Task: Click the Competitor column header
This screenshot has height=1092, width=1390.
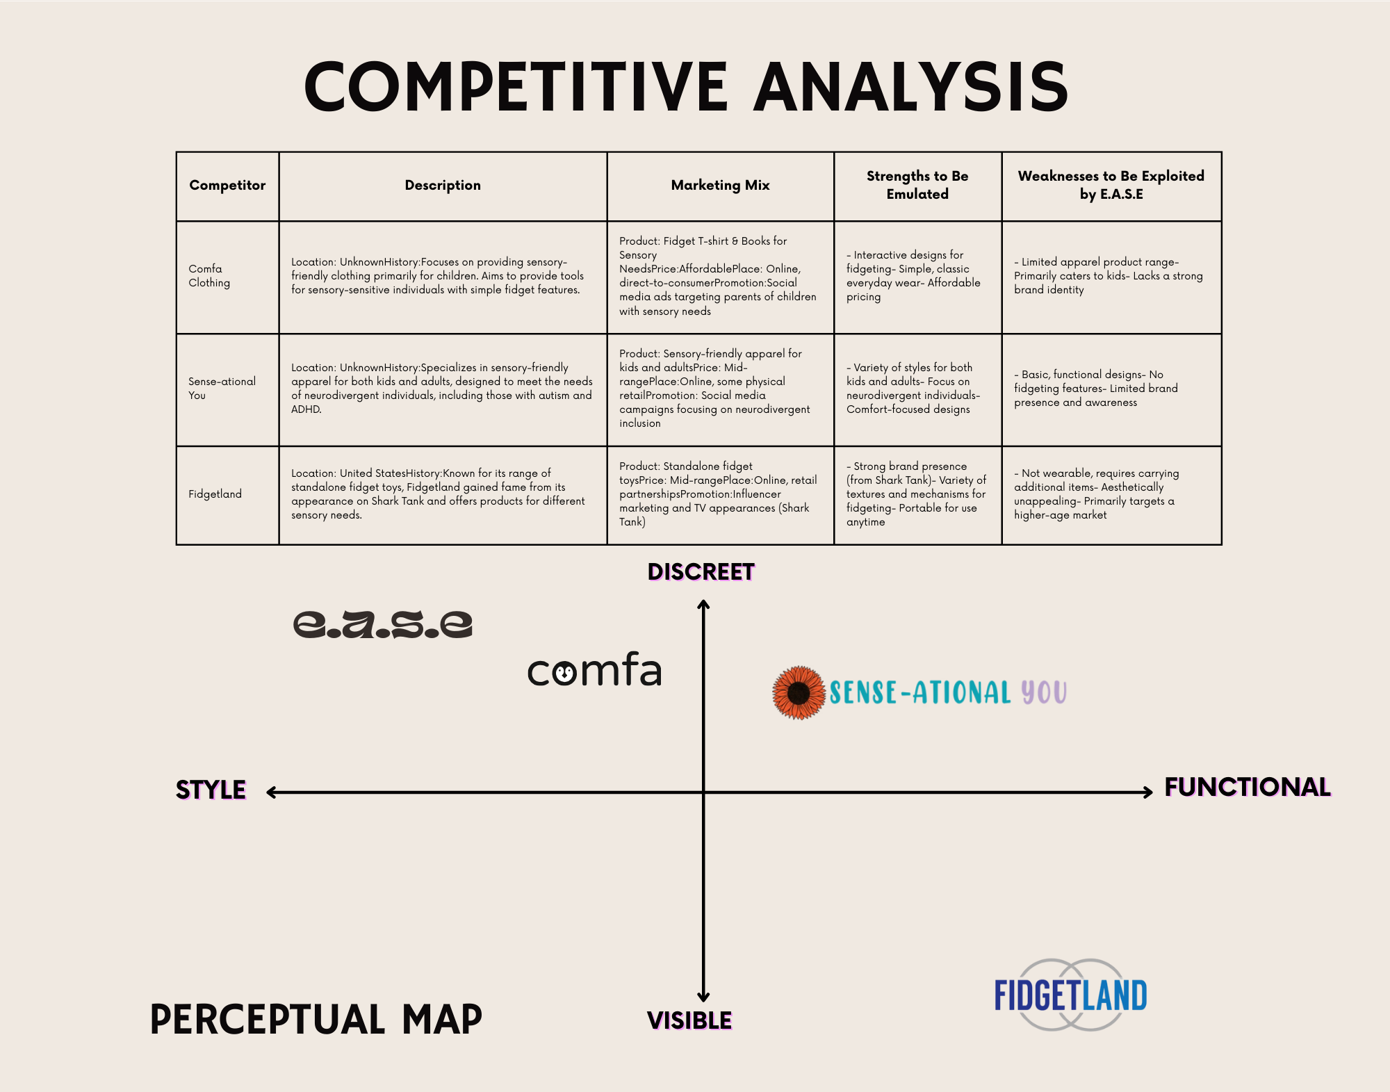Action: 227,185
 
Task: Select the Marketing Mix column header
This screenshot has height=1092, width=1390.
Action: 720,185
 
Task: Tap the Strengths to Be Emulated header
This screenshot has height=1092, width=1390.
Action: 917,185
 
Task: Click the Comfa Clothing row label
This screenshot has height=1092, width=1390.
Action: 209,276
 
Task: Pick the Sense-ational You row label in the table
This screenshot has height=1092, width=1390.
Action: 222,389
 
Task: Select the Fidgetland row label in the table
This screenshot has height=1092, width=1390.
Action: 215,494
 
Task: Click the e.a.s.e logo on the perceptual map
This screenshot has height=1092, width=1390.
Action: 383,624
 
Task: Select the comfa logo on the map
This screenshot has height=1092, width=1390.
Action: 594,670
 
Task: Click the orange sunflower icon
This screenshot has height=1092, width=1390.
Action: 799,692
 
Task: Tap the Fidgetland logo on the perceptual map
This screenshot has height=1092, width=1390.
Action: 1070,995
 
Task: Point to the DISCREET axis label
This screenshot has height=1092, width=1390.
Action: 701,572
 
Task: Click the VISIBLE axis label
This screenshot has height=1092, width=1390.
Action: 689,1020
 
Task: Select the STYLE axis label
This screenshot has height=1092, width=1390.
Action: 211,790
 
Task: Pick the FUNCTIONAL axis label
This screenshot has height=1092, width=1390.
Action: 1248,787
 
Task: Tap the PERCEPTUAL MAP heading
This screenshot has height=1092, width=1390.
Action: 316,1020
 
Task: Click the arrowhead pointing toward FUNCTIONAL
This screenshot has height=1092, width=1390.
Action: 1148,792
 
